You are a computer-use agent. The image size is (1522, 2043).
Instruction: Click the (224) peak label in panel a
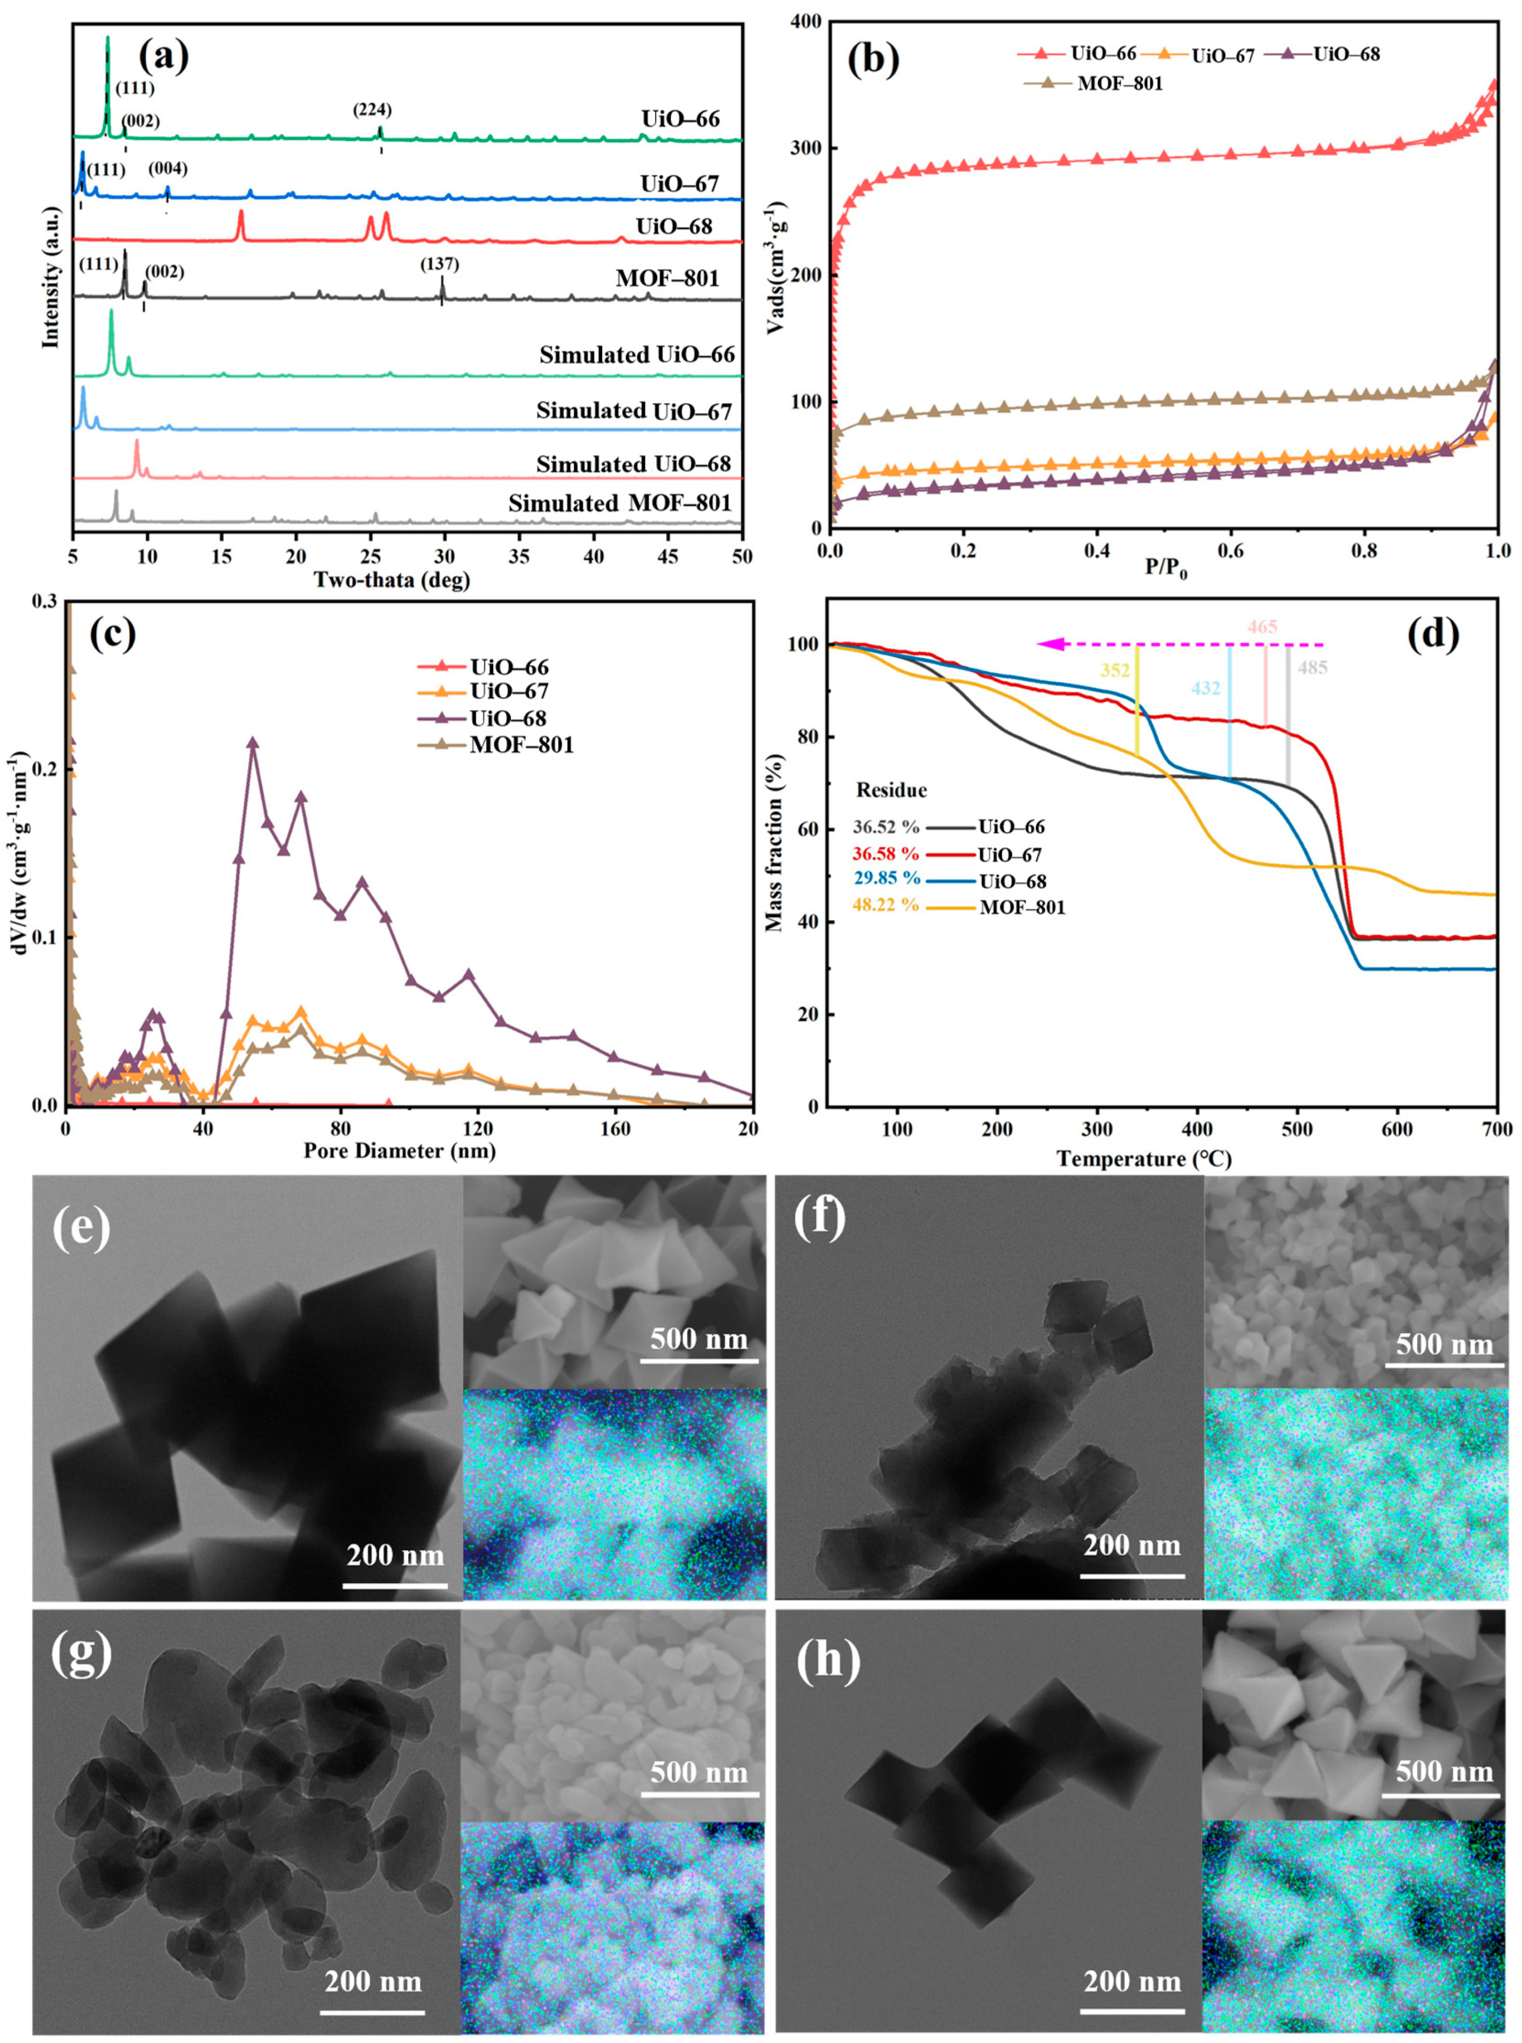tap(372, 110)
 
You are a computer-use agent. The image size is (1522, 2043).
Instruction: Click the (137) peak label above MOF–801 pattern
tap(440, 264)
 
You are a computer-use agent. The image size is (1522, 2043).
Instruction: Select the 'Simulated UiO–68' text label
tap(635, 465)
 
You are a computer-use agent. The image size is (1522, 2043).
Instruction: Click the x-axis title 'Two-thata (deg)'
tap(392, 580)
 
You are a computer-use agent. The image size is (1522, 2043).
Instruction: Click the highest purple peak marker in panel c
tap(252, 743)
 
